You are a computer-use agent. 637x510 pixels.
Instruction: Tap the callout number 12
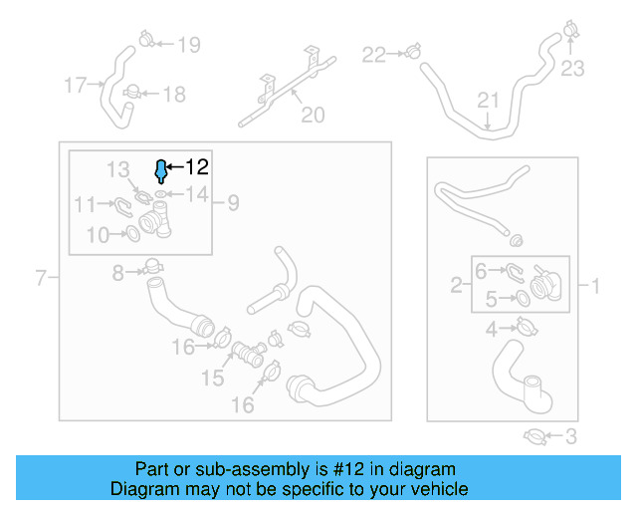[x=197, y=167]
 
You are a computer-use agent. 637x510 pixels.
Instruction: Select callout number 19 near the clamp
[x=188, y=44]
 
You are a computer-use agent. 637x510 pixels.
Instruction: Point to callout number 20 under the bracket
[x=313, y=116]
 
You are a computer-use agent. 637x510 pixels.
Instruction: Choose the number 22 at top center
[x=373, y=54]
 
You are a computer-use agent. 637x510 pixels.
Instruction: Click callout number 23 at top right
[x=572, y=69]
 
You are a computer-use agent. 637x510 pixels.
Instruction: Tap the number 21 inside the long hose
[x=487, y=100]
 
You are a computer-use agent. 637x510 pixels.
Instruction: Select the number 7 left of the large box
[x=41, y=278]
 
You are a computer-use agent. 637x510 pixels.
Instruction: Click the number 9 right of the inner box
[x=232, y=203]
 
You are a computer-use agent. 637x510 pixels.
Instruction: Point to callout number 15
[x=213, y=378]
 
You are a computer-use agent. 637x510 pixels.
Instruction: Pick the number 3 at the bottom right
[x=570, y=435]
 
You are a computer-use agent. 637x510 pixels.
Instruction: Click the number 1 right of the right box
[x=595, y=287]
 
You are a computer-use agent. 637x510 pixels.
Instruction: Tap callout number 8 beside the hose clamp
[x=117, y=272]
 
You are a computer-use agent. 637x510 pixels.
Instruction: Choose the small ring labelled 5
[x=522, y=298]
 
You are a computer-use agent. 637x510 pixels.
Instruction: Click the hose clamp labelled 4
[x=523, y=327]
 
